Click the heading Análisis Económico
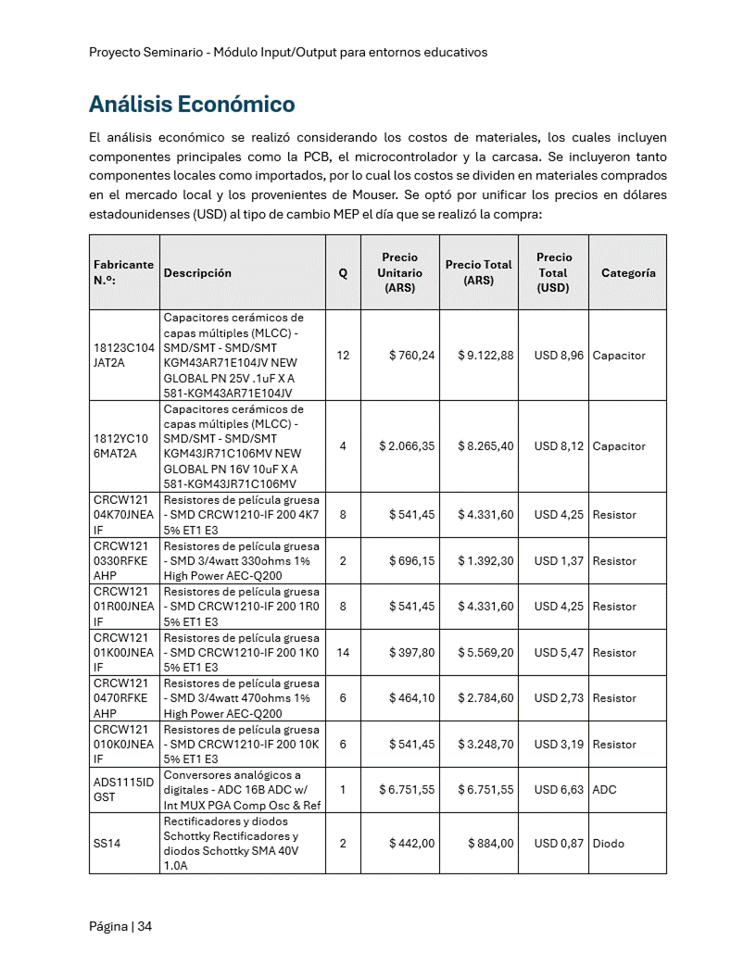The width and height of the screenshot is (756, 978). click(x=192, y=103)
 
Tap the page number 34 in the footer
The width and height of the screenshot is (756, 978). click(x=145, y=927)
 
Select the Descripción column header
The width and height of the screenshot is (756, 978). click(x=197, y=273)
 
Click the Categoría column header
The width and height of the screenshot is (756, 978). click(x=628, y=273)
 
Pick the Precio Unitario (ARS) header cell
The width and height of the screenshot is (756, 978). click(x=399, y=272)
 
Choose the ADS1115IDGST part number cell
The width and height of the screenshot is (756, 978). click(x=123, y=790)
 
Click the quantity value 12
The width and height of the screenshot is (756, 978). click(x=343, y=356)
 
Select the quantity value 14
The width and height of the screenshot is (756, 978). click(x=343, y=653)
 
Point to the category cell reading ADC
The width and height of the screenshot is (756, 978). click(x=604, y=790)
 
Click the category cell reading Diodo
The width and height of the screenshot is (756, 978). click(x=609, y=844)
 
